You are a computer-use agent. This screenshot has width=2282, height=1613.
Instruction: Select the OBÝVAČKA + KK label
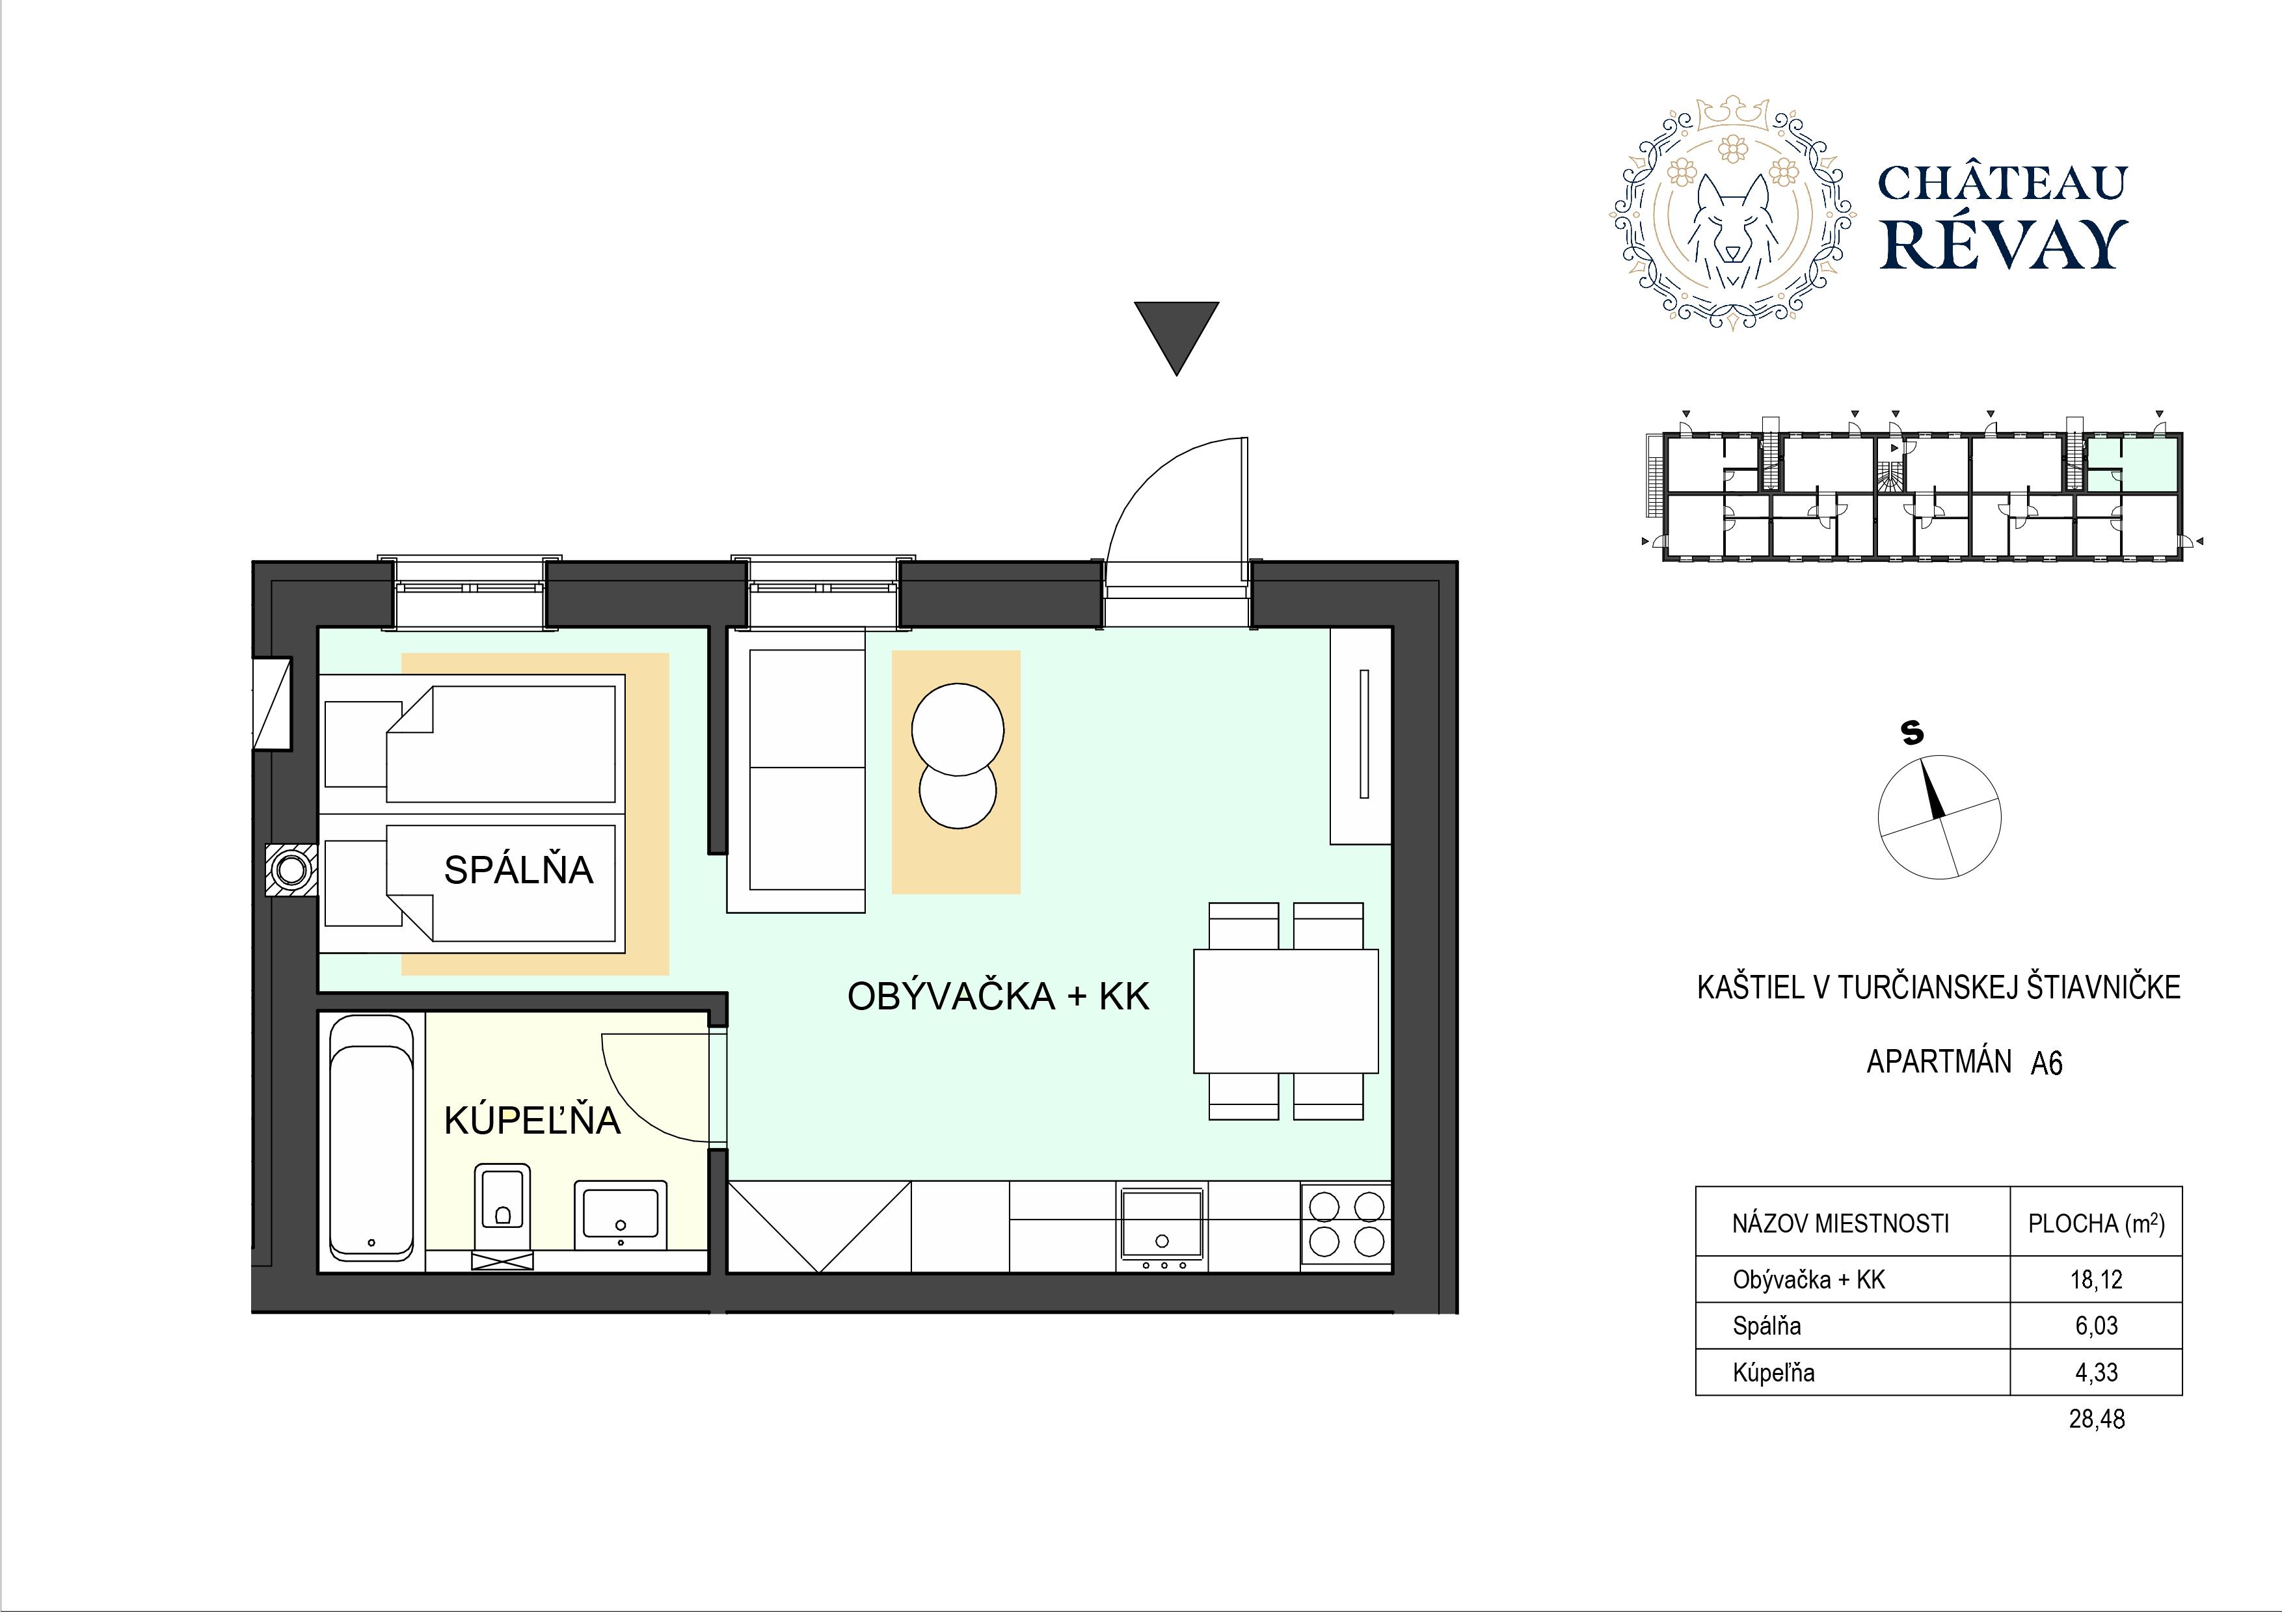998,996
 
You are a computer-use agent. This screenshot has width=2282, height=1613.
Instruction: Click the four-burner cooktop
1346,1225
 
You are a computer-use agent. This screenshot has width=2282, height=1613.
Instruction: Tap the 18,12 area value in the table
2095,1279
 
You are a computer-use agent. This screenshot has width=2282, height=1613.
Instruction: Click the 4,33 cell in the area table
2096,1372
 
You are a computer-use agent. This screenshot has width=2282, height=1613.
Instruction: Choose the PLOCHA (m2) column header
2096,1222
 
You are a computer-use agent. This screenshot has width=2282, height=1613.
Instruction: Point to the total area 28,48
2096,1419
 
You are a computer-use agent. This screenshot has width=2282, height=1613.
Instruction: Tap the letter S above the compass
1911,732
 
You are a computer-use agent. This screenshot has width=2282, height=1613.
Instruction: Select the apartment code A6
2047,1063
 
